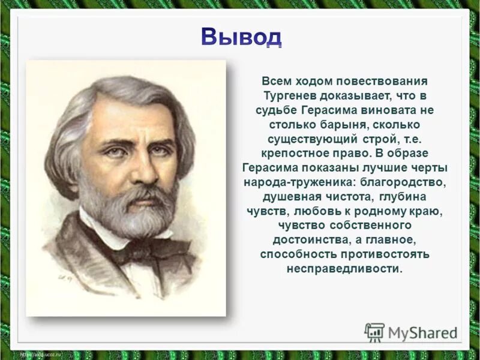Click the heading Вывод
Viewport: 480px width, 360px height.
(x=240, y=37)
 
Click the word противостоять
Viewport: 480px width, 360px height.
(x=388, y=254)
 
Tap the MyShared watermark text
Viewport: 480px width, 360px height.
(x=423, y=332)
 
